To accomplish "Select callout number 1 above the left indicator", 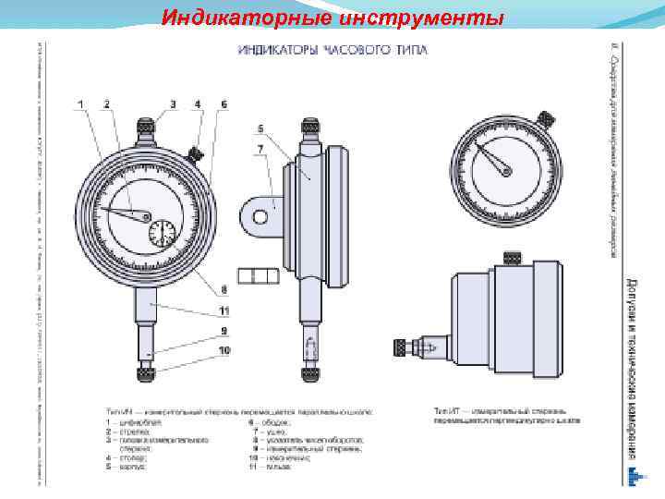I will [x=79, y=103].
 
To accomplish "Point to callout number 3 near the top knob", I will [x=172, y=103].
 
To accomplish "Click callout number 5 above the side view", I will [x=261, y=128].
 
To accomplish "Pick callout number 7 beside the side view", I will [x=261, y=148].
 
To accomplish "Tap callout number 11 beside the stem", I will [x=224, y=310].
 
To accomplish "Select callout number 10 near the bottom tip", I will [x=224, y=351].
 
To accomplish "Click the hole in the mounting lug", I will [x=260, y=214].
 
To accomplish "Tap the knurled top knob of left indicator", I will [x=146, y=124].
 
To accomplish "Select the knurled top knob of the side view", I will [x=308, y=124].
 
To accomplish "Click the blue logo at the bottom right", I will [x=633, y=476].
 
